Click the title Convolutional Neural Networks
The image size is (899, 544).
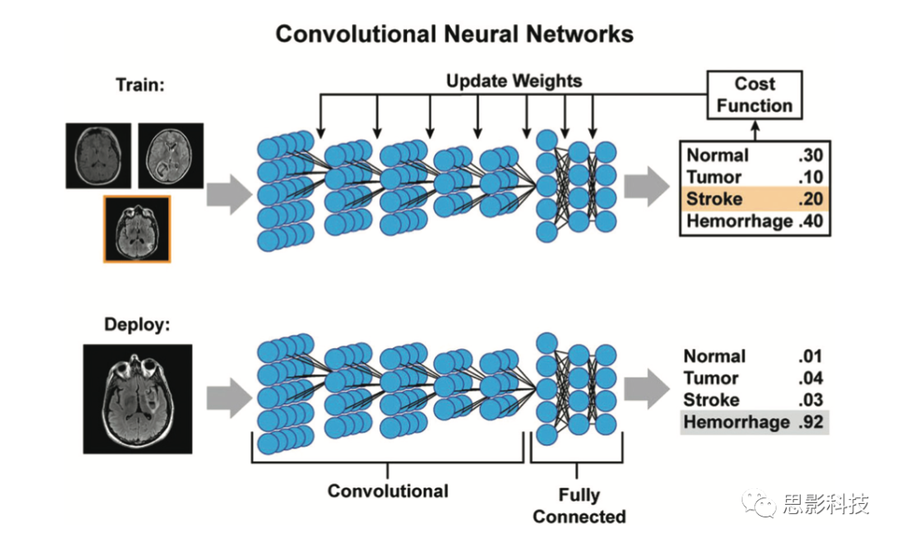point(454,34)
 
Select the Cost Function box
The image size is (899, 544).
point(754,95)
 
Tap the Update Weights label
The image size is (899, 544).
point(514,82)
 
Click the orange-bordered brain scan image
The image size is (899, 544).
point(137,229)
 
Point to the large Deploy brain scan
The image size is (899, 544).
point(137,399)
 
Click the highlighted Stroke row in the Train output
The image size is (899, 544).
point(754,198)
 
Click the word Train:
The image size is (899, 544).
point(140,85)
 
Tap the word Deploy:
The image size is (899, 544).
point(137,324)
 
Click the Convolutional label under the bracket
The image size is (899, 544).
point(388,491)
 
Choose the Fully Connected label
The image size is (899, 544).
point(579,506)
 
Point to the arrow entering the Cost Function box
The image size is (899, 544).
point(754,130)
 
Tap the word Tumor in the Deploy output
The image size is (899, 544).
point(712,378)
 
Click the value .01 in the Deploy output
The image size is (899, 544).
point(809,357)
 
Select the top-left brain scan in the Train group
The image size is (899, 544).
point(99,155)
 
